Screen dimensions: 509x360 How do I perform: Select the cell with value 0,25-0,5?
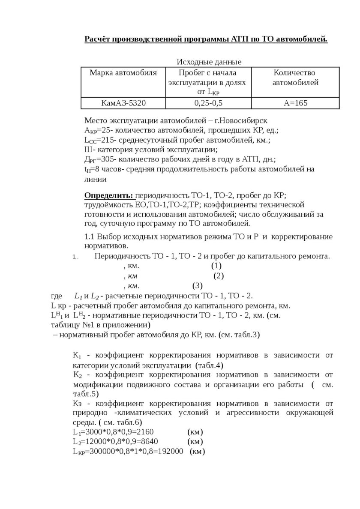coord(208,103)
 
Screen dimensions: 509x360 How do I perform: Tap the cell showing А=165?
coord(295,103)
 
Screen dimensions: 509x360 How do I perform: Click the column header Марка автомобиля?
coord(123,72)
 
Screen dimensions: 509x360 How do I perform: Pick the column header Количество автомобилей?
coord(295,77)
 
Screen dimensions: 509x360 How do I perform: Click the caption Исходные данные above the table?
coord(209,62)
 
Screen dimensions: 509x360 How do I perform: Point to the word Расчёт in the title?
coord(98,40)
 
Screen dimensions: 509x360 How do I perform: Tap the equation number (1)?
coord(216,266)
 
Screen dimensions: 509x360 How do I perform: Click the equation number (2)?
coord(219,275)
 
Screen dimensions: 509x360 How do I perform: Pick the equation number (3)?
coord(197,285)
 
